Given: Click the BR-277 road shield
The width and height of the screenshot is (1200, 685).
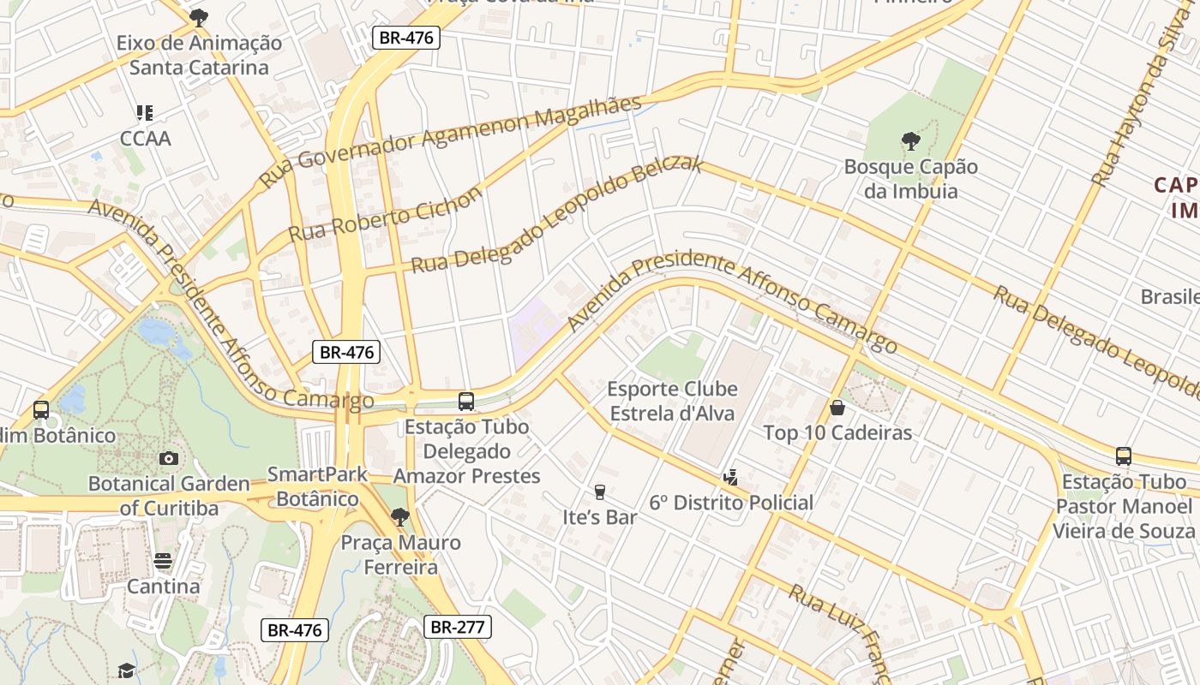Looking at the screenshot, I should pos(458,627).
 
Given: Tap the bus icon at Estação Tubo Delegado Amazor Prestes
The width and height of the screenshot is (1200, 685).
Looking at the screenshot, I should pos(466,401).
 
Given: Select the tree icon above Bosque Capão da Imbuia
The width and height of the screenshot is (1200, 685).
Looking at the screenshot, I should pos(910,140).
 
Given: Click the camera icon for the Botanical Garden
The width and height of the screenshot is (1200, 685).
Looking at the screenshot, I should pos(169,458).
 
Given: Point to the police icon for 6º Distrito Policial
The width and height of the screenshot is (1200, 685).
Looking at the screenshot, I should pos(730,477).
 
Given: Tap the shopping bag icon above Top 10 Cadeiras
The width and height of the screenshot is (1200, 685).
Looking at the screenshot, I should pos(837,408).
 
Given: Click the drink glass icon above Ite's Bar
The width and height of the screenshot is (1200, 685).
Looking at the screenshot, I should pos(599,491).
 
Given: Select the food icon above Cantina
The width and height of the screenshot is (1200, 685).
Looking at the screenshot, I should pos(163,561).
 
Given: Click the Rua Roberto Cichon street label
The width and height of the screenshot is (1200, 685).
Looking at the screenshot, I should pos(385,215).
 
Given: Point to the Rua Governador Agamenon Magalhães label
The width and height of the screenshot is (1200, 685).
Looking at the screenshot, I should pos(450,141).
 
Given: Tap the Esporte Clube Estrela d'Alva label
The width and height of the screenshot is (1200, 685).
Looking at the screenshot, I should pos(672,402).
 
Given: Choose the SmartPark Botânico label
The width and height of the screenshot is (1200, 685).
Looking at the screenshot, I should pos(317,486).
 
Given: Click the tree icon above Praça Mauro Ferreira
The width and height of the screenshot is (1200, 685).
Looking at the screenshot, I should pos(399,516).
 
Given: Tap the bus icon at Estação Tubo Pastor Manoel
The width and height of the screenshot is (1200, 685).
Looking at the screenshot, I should pos(1123,456).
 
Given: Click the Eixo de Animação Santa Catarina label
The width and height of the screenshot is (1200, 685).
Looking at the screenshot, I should pos(199,55).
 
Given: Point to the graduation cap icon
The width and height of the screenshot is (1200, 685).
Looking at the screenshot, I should pos(126,670).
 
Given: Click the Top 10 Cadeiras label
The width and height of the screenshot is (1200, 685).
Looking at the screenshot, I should pos(837,433).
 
